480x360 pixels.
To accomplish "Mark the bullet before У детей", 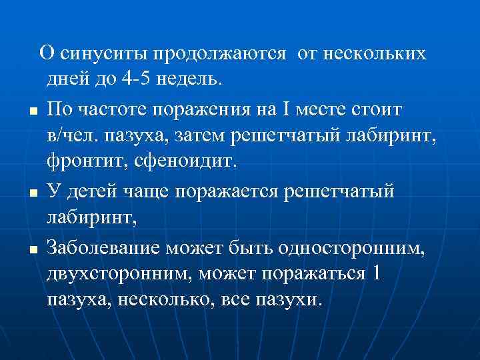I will coord(33,193).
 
